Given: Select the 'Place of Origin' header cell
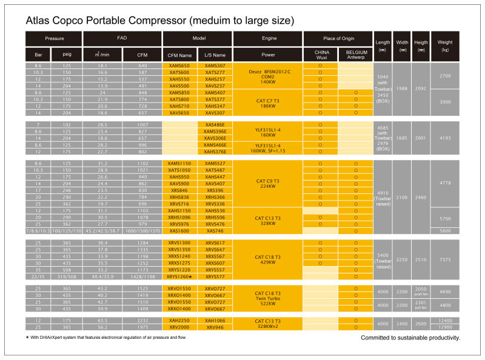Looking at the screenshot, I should tap(338, 38).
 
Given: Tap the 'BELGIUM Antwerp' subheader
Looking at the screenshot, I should tap(356, 55).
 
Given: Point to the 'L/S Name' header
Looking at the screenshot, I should tap(215, 55).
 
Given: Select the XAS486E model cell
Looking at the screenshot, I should tap(215, 124).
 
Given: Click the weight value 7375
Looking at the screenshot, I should tap(445, 259).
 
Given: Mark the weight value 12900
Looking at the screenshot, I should tap(445, 327).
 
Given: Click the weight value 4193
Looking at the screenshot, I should tap(445, 138).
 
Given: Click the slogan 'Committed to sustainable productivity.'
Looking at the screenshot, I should tap(410, 338).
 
